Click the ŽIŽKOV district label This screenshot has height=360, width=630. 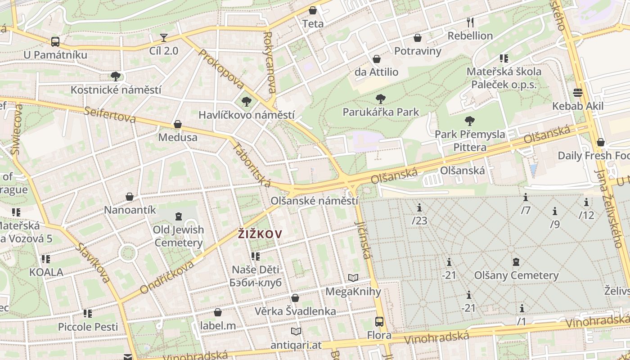[260, 234]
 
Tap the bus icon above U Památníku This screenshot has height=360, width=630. [55, 42]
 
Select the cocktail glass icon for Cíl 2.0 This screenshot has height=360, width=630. [164, 38]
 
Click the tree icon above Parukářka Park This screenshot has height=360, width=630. [381, 99]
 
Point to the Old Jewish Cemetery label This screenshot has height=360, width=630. [178, 236]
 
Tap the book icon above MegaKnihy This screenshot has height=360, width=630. [353, 278]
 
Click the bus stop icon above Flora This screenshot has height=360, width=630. [379, 322]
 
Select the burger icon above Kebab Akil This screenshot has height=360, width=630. [578, 93]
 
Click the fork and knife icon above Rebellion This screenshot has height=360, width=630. [470, 22]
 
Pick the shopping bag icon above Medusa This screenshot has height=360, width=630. [178, 124]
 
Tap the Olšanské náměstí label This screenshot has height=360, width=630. [315, 201]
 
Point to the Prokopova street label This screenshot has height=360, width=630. [221, 69]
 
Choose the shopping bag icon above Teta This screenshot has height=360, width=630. [313, 10]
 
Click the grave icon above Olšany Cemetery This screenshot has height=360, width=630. [516, 262]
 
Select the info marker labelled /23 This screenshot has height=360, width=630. [419, 208]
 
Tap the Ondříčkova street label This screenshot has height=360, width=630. [167, 277]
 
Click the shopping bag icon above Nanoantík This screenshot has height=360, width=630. [130, 197]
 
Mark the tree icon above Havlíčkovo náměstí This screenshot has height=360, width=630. [246, 101]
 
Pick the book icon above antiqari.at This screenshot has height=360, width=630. [296, 332]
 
